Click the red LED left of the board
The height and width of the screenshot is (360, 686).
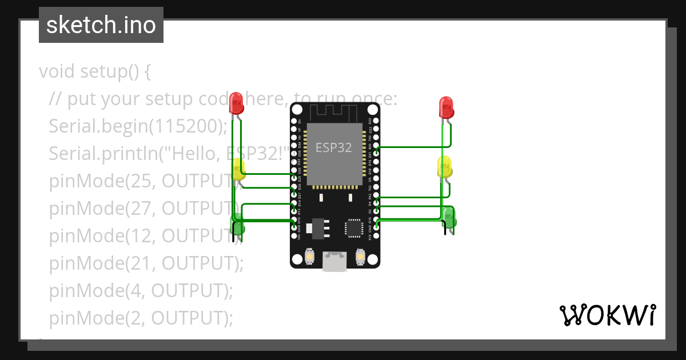(236, 103)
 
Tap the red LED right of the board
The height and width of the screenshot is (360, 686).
(446, 107)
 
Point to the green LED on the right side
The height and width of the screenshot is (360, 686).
(449, 218)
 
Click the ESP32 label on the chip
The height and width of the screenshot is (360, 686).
(334, 147)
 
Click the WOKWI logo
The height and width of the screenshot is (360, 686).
(607, 315)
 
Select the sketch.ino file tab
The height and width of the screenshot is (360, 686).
(101, 25)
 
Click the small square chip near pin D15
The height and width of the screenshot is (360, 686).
(353, 227)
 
